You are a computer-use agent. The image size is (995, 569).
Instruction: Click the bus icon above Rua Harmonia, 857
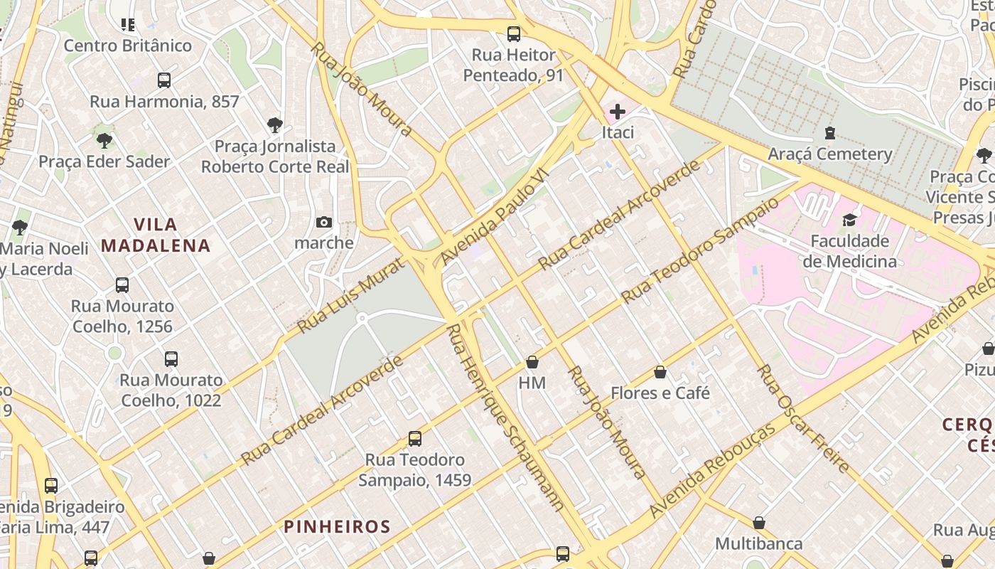tap(164, 80)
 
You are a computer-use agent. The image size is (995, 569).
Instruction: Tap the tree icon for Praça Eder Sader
tap(104, 140)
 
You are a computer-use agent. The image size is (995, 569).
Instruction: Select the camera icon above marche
tap(324, 222)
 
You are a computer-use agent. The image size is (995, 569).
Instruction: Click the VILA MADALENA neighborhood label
tap(156, 235)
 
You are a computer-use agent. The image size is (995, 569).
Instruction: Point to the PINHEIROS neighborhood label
tap(337, 526)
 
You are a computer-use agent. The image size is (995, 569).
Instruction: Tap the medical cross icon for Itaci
tap(617, 111)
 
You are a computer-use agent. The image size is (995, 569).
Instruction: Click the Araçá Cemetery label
tap(829, 154)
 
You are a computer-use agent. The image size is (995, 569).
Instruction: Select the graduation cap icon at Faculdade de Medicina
tap(849, 219)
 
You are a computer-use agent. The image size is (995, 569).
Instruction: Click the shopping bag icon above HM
tap(532, 362)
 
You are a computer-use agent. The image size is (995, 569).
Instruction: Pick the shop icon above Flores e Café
tap(660, 372)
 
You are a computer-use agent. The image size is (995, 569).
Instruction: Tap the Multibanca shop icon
tap(759, 523)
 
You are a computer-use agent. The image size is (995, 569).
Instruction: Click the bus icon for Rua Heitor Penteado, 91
tap(513, 33)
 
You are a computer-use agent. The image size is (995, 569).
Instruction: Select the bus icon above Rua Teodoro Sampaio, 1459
tap(415, 438)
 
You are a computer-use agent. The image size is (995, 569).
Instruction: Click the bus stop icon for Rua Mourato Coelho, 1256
tap(122, 285)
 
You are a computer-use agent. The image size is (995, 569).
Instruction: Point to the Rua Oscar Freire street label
tap(803, 419)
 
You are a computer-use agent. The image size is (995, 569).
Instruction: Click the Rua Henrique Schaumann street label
tap(505, 417)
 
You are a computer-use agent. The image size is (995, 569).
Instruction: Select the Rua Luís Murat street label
tap(350, 296)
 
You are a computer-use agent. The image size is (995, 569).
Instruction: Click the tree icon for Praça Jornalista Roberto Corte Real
tap(275, 125)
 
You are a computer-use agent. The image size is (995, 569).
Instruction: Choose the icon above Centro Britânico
tap(128, 25)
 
